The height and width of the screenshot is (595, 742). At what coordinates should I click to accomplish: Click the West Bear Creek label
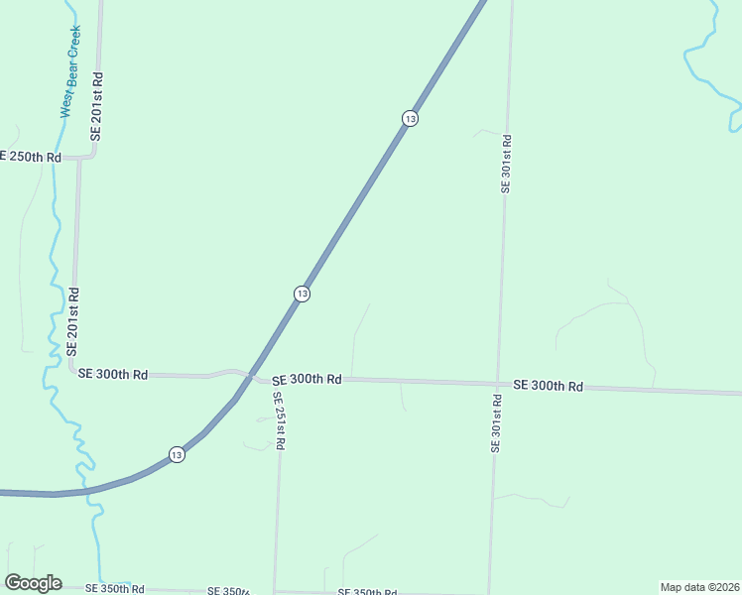70,71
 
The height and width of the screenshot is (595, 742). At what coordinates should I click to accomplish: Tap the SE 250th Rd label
31,157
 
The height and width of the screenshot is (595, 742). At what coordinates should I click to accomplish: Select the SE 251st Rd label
280,421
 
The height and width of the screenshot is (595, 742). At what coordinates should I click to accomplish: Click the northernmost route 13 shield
410,118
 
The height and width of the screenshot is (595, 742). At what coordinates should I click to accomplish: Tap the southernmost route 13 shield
176,454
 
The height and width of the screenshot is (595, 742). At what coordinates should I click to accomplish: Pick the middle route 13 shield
302,294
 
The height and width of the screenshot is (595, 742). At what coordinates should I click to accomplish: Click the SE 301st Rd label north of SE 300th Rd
506,164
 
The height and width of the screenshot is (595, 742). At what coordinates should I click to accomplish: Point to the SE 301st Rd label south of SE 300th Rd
495,423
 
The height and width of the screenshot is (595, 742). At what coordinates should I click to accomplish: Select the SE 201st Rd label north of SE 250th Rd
97,105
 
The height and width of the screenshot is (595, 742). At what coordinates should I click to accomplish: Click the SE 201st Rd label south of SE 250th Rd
72,322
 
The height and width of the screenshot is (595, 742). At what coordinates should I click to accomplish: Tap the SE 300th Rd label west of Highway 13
113,374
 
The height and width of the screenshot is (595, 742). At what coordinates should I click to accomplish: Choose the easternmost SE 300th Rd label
548,385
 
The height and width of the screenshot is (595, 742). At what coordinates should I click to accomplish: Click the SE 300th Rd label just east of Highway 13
307,379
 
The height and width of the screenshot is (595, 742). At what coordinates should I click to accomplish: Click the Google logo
33,583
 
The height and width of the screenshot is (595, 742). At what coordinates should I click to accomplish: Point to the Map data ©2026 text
699,587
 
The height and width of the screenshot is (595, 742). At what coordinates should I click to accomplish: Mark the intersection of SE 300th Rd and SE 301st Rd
497,383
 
